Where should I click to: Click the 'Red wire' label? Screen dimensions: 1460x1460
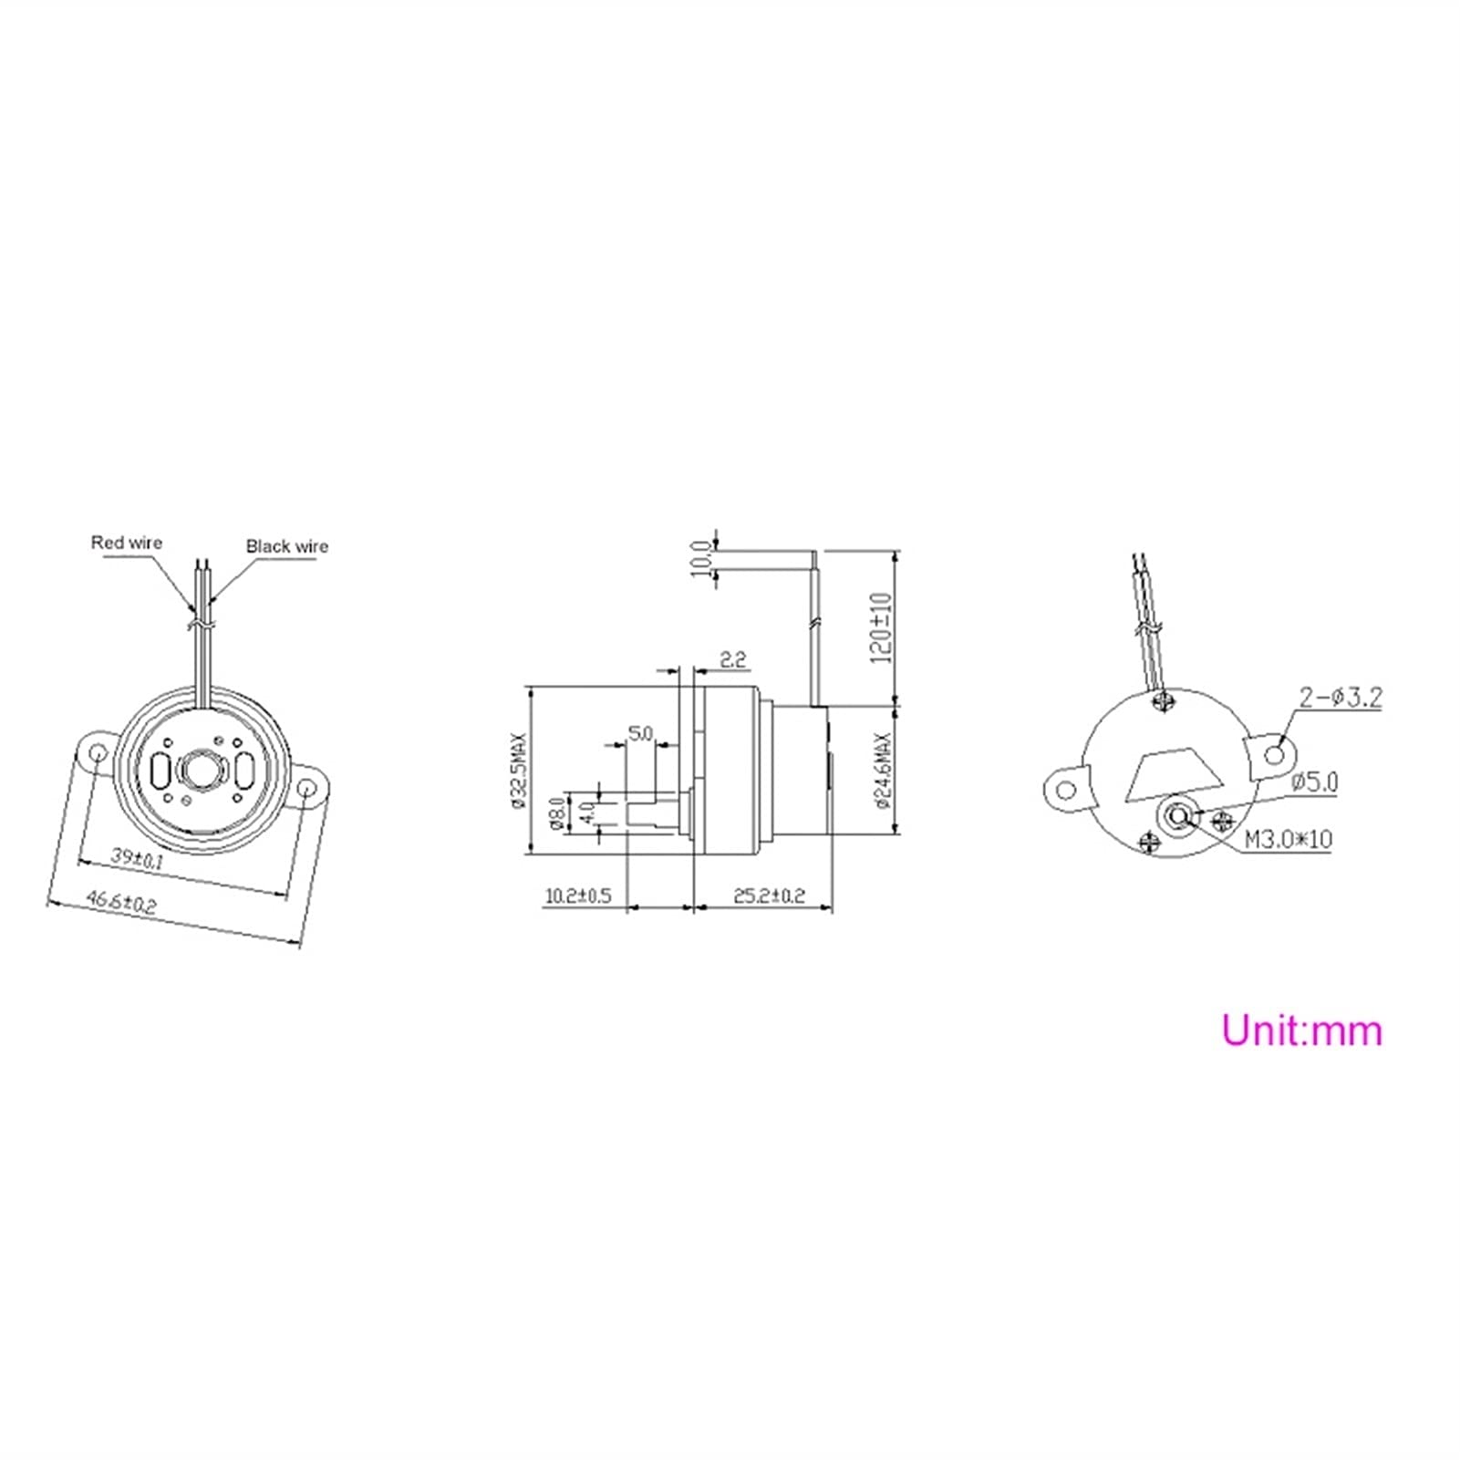(126, 543)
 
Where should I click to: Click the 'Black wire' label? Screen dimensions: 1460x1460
(286, 546)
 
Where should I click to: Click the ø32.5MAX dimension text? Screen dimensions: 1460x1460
(520, 771)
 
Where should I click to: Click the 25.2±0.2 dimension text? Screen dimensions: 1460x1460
(769, 896)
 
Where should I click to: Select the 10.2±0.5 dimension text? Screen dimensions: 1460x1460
(577, 896)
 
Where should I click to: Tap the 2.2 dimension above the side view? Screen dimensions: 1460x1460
(733, 658)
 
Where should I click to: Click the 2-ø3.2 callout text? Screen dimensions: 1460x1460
(1341, 698)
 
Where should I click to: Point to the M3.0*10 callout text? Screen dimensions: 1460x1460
(1288, 838)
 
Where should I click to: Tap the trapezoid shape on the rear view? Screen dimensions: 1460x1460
(1175, 776)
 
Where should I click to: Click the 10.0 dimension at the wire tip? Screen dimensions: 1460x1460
(700, 557)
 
